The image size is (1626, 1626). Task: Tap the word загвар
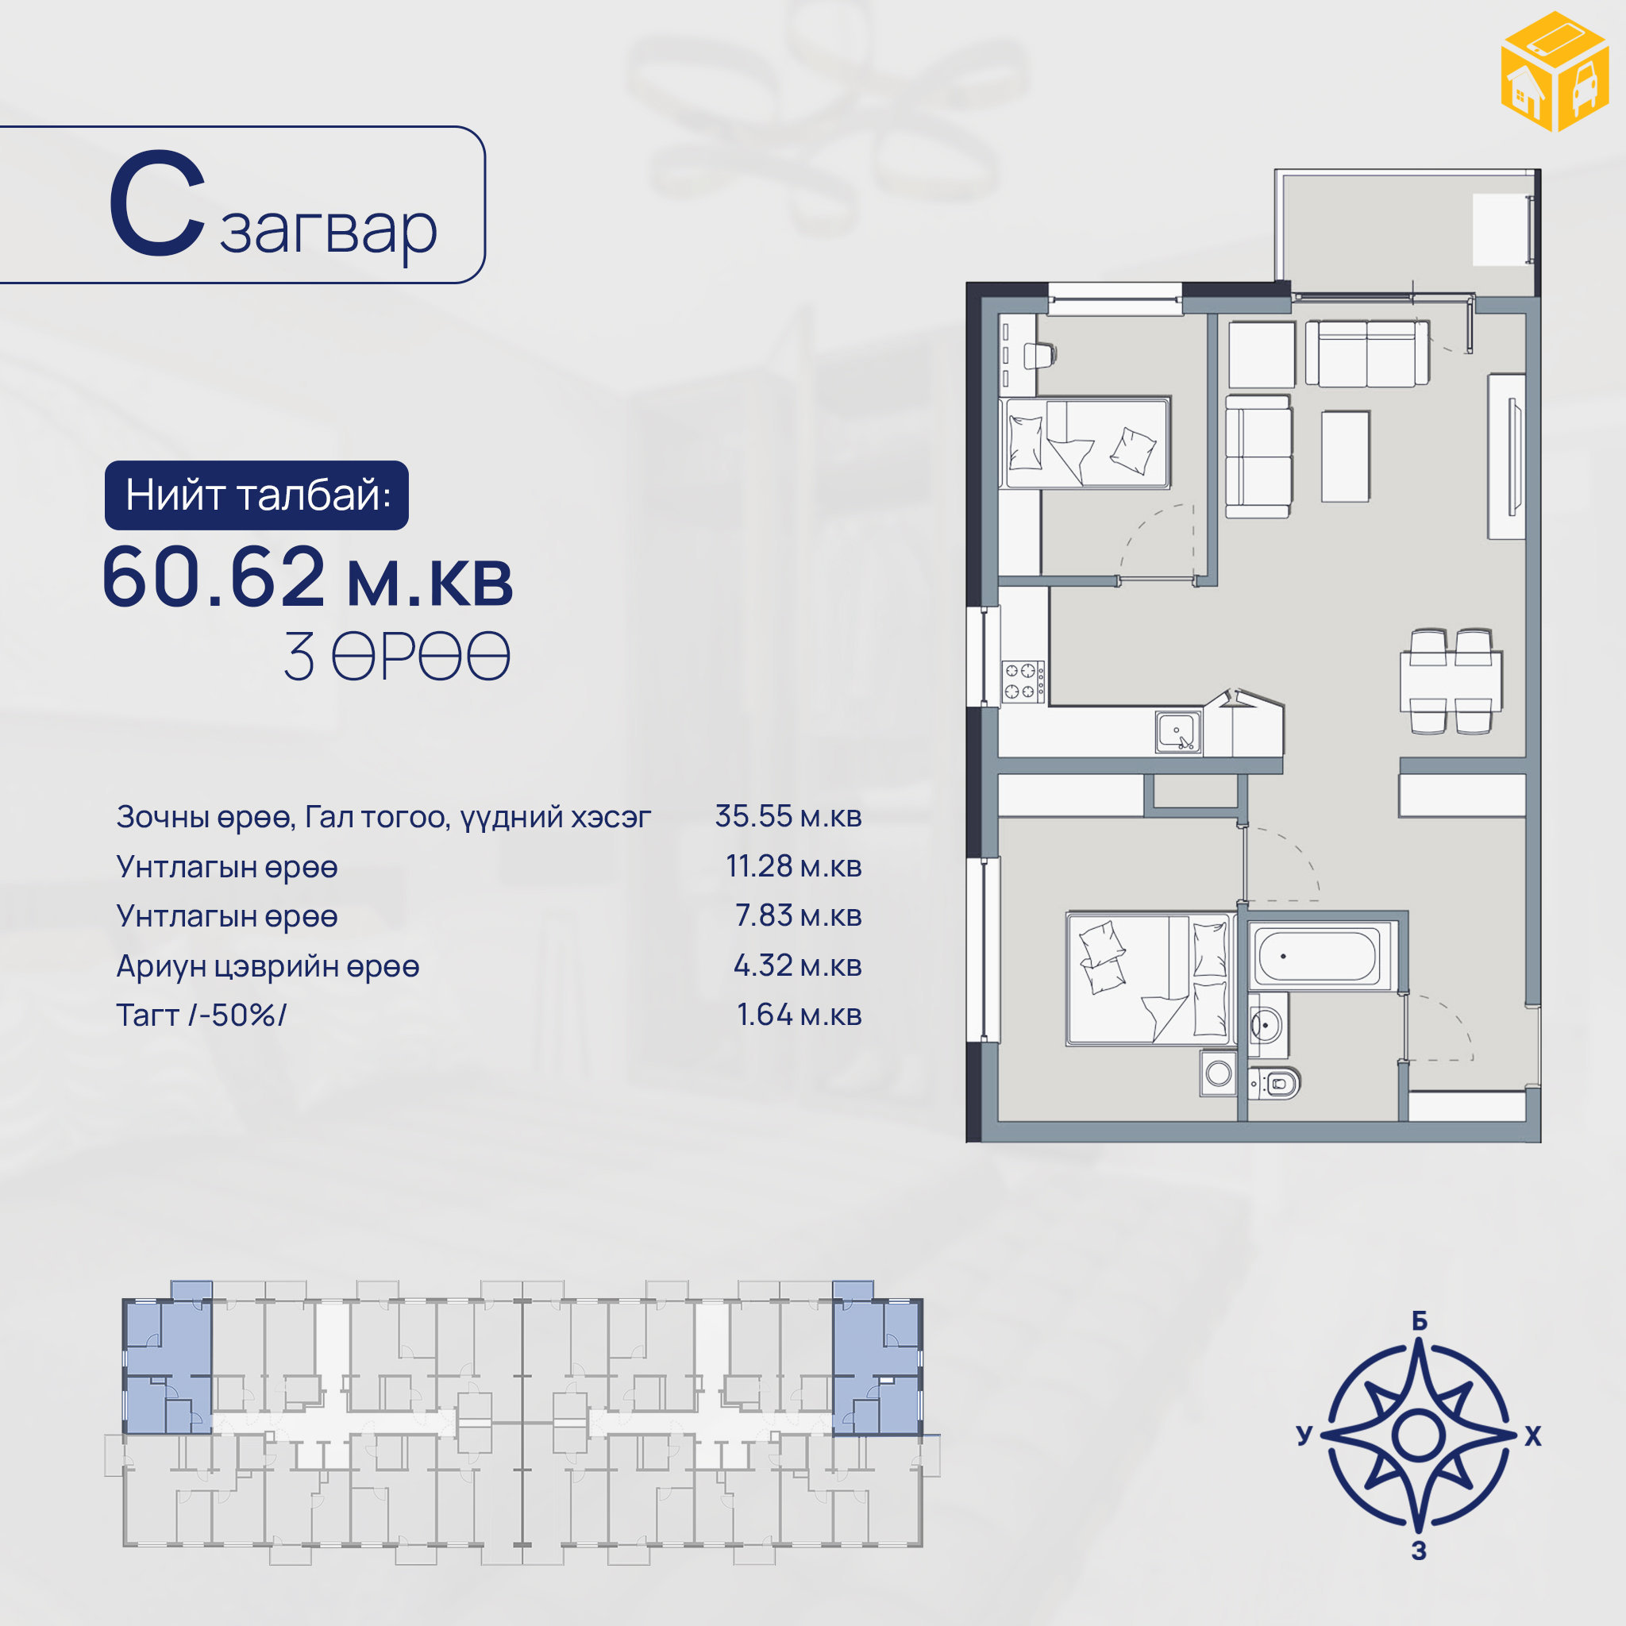[x=328, y=229]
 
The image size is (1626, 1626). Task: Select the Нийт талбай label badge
[x=256, y=495]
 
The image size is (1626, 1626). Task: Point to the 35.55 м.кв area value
[x=788, y=815]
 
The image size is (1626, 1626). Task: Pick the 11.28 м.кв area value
[x=794, y=866]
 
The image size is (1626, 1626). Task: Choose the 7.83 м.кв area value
[x=799, y=915]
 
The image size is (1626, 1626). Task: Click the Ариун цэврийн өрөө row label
[x=268, y=966]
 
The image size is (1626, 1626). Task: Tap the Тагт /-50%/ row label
[x=201, y=1015]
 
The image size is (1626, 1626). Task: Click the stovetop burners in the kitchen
[x=1023, y=682]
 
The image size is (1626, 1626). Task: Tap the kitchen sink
[x=1178, y=731]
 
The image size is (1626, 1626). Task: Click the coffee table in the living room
[x=1345, y=457]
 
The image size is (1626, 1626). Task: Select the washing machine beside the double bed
[x=1218, y=1073]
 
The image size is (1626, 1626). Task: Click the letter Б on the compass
[x=1420, y=1321]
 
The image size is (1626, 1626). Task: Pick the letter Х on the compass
[x=1532, y=1435]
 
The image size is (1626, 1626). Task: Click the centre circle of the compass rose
[x=1419, y=1435]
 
